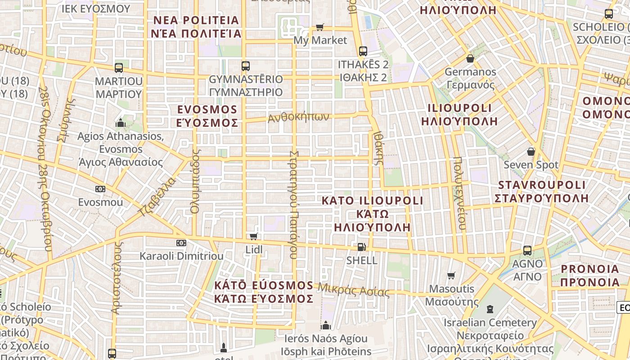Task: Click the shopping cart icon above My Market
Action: [320, 27]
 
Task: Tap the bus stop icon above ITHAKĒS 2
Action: [363, 51]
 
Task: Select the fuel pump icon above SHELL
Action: [361, 247]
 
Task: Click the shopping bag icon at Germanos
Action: [470, 58]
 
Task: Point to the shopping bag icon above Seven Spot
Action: [531, 151]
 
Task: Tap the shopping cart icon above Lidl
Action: [253, 236]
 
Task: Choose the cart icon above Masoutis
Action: [451, 275]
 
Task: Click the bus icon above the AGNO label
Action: [527, 250]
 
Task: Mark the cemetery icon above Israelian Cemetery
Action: [490, 309]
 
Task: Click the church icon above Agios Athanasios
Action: [120, 123]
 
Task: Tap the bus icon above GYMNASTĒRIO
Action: [246, 66]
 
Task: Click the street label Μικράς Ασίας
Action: [354, 290]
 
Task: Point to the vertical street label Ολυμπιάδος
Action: [195, 181]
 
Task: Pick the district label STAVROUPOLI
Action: [542, 185]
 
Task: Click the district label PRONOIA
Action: [590, 269]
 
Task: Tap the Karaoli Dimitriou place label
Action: [181, 256]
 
